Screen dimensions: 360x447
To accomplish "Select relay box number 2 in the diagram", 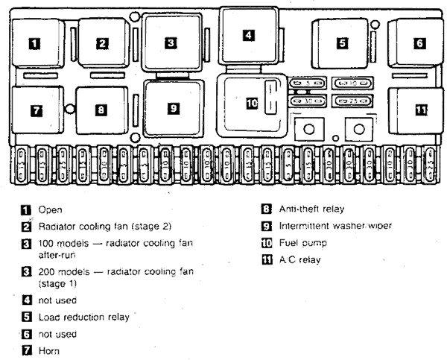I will click(101, 43).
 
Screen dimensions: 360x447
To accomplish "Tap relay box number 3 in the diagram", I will click(171, 43).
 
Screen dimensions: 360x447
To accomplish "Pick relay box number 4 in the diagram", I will click(248, 34).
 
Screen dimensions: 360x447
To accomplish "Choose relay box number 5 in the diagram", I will click(342, 43).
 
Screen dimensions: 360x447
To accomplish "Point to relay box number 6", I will click(419, 43).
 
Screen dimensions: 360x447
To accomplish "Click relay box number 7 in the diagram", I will click(36, 110).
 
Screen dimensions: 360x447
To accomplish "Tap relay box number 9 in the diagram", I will click(173, 108).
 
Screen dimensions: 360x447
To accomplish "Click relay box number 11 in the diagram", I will click(421, 110).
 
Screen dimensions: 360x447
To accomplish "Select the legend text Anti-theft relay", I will click(309, 209).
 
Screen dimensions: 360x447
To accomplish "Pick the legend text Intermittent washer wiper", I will click(324, 226).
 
